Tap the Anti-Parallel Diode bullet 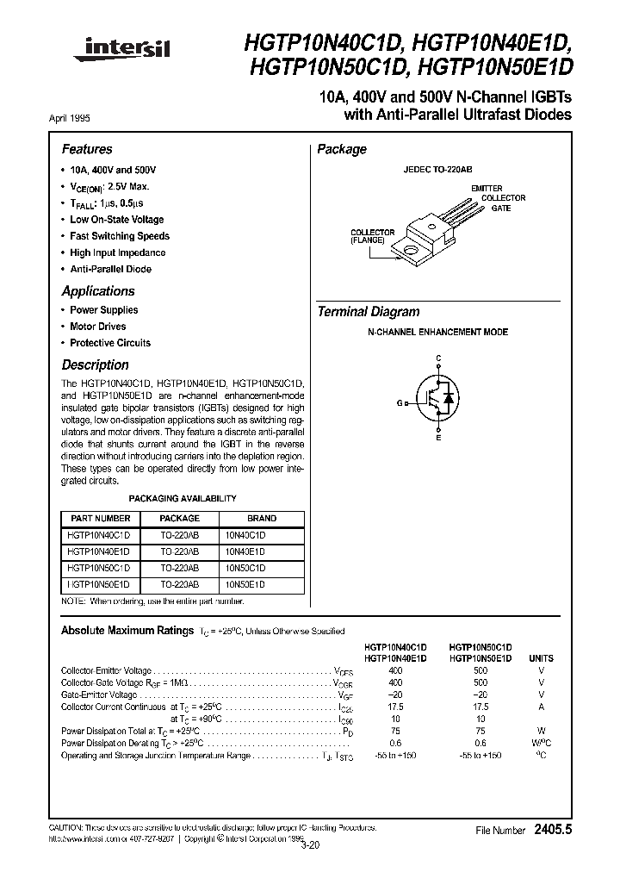tap(110, 269)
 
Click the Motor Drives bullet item tap(97, 327)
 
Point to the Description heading tap(95, 365)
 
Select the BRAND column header tap(262, 519)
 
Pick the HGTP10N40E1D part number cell tap(98, 551)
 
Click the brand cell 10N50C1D tap(245, 568)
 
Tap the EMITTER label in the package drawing tap(487, 188)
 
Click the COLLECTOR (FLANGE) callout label tap(372, 237)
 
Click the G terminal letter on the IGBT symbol tap(400, 402)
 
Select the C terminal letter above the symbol tap(438, 358)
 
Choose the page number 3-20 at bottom tap(310, 845)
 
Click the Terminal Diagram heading tap(369, 312)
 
